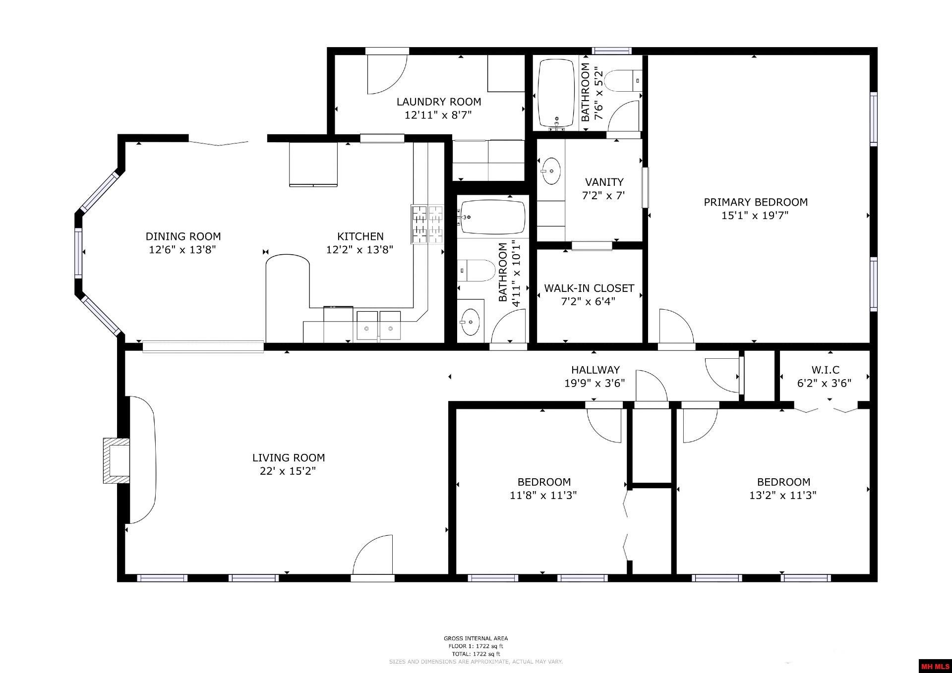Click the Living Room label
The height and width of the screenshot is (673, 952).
289,458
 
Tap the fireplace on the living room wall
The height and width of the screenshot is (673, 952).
117,460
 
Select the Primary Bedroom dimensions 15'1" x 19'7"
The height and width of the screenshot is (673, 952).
755,216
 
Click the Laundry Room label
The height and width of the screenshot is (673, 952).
439,102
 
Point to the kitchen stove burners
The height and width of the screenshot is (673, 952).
427,224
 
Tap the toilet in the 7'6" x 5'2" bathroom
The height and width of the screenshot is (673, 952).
624,81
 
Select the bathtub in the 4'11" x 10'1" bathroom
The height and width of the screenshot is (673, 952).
493,217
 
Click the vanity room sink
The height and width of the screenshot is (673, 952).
550,171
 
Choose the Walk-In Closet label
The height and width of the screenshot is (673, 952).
589,288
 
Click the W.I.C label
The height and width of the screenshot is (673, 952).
826,370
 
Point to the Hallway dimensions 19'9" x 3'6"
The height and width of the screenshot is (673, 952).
595,383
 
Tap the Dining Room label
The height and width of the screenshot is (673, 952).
183,236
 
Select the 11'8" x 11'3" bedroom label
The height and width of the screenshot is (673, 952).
544,482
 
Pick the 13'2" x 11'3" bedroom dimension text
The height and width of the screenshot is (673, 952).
783,495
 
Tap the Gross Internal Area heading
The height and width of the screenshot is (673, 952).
476,638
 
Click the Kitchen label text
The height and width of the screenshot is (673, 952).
360,236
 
